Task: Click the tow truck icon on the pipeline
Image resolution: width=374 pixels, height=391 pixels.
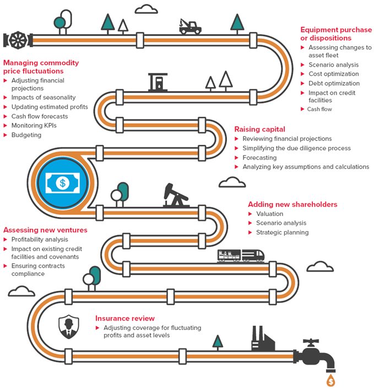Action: click(190, 26)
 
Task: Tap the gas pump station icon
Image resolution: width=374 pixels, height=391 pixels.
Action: click(158, 82)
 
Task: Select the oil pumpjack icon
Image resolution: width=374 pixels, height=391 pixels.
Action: click(176, 196)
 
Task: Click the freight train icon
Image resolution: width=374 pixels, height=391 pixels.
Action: click(241, 256)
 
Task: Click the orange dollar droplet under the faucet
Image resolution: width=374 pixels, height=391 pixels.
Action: click(331, 381)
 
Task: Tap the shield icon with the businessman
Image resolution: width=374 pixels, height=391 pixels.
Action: click(69, 327)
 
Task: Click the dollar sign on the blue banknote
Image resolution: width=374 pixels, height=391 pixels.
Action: click(63, 183)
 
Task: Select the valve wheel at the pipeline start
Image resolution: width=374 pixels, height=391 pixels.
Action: click(18, 40)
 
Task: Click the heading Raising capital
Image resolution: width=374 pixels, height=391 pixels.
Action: click(259, 129)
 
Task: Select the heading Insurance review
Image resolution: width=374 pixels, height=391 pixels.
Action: click(125, 318)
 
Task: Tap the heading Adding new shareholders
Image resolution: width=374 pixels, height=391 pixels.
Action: click(292, 204)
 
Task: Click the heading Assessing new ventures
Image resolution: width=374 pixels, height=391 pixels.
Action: click(45, 230)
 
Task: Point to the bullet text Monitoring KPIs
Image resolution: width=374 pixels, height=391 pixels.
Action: click(34, 126)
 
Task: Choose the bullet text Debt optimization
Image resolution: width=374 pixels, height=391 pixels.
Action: click(334, 83)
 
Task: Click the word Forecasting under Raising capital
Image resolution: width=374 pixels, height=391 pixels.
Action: click(259, 158)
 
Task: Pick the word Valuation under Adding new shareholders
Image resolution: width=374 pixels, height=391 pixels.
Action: click(270, 214)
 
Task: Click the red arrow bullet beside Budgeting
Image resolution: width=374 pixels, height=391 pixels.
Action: click(6, 135)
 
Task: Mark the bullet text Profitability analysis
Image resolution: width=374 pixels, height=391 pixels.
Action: click(40, 240)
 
